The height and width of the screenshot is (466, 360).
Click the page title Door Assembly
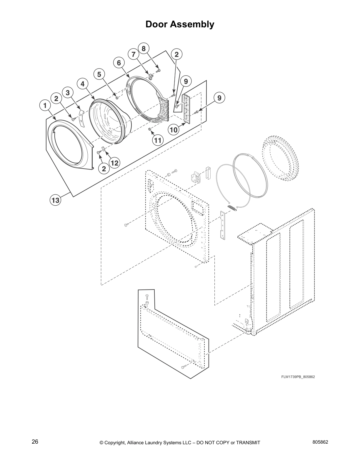pos(180,24)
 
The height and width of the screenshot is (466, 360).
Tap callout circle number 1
pos(45,105)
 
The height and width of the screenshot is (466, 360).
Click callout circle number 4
pos(83,84)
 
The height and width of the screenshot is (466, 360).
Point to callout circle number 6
pos(119,63)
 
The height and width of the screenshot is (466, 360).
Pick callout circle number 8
pos(144,49)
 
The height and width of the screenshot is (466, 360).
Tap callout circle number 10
pos(174,130)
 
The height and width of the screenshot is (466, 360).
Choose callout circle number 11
pos(158,140)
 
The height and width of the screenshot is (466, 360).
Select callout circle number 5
pos(99,74)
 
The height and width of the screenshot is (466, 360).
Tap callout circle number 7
pos(133,54)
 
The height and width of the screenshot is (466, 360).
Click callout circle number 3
pos(68,93)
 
